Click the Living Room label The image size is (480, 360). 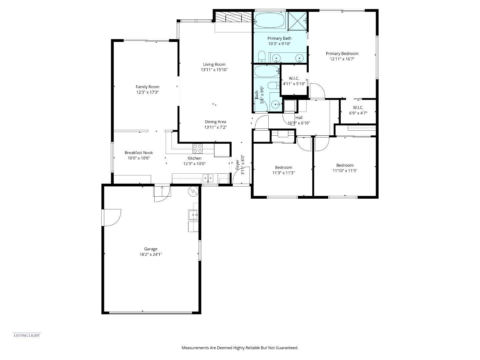pyautogui.click(x=214, y=64)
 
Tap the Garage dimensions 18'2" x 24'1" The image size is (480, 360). pyautogui.click(x=151, y=254)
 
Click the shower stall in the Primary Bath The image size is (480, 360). pyautogui.click(x=298, y=21)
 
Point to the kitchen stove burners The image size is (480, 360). pyautogui.click(x=197, y=148)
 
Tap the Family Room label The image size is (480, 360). pyautogui.click(x=147, y=87)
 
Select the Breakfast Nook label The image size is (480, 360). pyautogui.click(x=139, y=153)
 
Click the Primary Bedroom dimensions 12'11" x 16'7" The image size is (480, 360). pyautogui.click(x=342, y=59)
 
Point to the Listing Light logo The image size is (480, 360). pyautogui.click(x=27, y=335)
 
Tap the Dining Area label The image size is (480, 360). pyautogui.click(x=215, y=122)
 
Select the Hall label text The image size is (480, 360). pyautogui.click(x=299, y=117)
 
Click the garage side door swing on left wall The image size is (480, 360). pyautogui.click(x=112, y=217)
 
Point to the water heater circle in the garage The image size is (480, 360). pyautogui.click(x=193, y=191)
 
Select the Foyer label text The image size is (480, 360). pyautogui.click(x=238, y=165)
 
